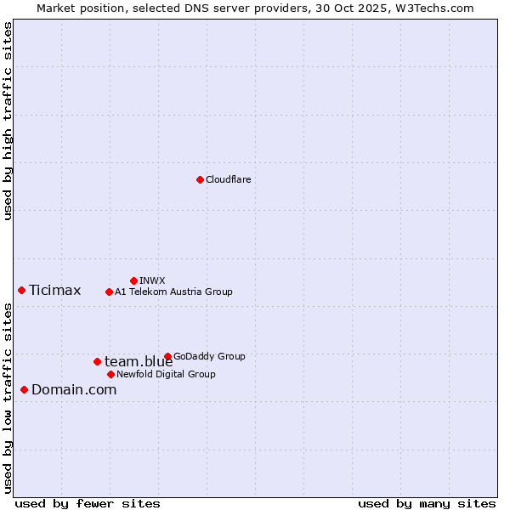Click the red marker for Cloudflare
[x=200, y=179]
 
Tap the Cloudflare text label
[x=228, y=179]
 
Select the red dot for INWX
[x=133, y=280]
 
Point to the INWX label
[x=152, y=280]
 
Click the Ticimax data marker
[x=21, y=290]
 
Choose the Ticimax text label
[x=54, y=291]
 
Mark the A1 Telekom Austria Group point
[x=109, y=292]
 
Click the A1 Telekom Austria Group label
[x=173, y=292]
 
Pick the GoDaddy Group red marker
[x=167, y=356]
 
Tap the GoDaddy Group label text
[x=209, y=356]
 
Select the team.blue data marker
[x=97, y=361]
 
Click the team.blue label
[x=139, y=362]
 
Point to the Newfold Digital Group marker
[x=110, y=374]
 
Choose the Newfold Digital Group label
[x=166, y=374]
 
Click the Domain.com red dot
[x=24, y=389]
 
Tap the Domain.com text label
[x=74, y=390]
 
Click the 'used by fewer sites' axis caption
[x=88, y=503]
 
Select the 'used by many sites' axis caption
[x=426, y=503]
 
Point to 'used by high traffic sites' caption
[x=8, y=121]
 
